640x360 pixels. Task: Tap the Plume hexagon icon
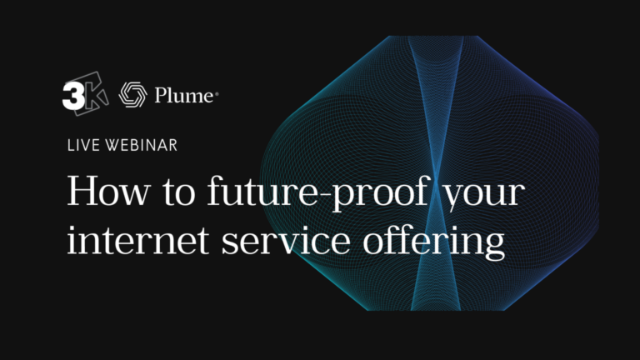(132, 96)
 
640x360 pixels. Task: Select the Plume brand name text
(184, 96)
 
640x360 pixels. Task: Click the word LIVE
(81, 145)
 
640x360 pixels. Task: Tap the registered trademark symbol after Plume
(217, 93)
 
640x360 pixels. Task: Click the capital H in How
(82, 192)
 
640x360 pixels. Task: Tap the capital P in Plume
(162, 96)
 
